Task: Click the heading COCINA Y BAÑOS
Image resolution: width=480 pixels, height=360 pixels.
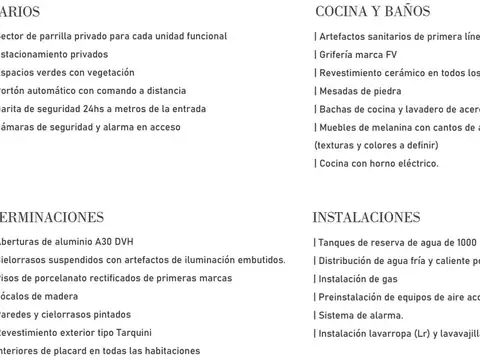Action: (x=372, y=12)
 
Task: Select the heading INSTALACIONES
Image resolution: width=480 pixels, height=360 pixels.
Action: (x=366, y=217)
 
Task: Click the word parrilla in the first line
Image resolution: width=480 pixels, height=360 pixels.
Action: (x=62, y=36)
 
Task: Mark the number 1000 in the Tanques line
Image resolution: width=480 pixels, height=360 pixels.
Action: (x=465, y=242)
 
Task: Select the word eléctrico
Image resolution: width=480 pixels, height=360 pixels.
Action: (x=414, y=163)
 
